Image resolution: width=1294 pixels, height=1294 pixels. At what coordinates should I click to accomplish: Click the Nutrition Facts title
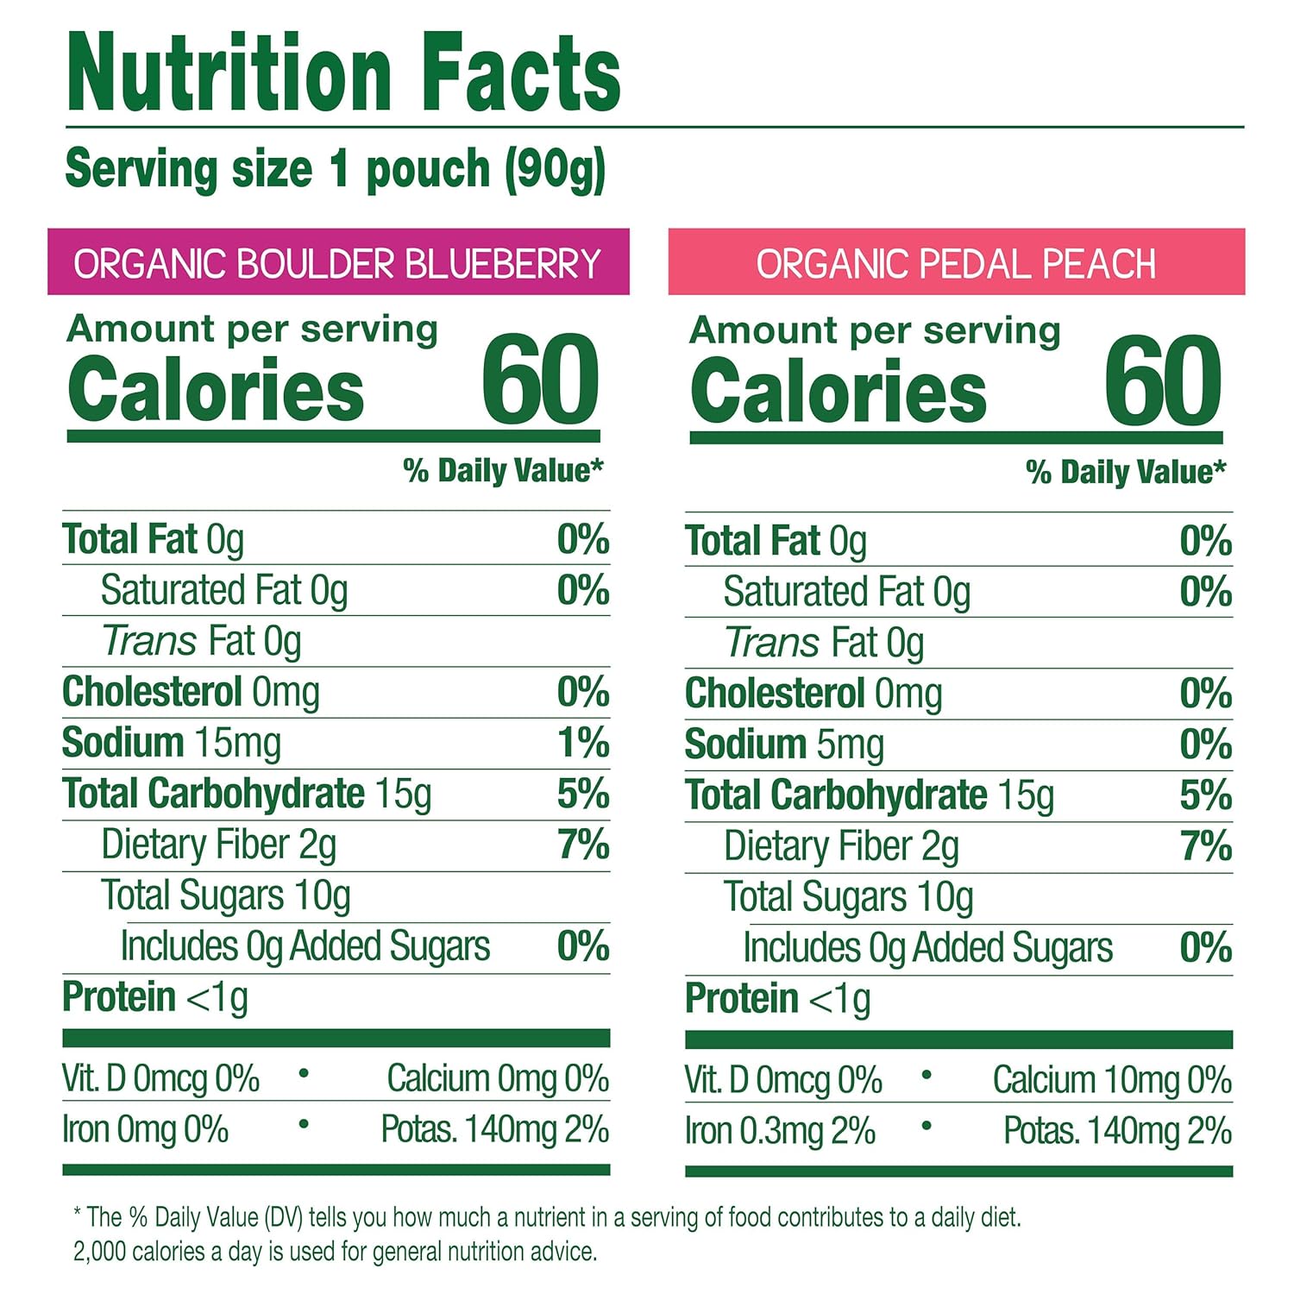pos(343,73)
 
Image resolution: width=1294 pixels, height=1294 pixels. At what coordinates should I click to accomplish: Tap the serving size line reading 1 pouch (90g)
pos(336,169)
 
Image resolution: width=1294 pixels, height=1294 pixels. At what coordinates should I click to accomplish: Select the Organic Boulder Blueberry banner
pos(337,263)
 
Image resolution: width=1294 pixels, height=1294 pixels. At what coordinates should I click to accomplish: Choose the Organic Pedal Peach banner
pos(956,263)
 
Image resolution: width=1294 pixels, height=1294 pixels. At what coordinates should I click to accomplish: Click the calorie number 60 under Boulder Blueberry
pos(540,380)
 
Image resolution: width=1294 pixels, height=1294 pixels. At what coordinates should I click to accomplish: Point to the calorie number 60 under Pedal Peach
pos(1163,382)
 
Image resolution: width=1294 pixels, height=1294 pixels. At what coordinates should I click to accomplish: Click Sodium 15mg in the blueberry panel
pos(171,744)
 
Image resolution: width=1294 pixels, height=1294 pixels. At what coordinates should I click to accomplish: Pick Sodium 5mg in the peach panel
pos(784,745)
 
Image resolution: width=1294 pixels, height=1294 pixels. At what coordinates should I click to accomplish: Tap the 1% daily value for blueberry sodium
pos(583,744)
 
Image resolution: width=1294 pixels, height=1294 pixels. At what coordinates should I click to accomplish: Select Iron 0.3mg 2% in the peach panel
pos(780,1132)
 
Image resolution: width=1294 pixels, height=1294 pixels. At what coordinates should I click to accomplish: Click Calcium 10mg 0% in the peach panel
pos(1111,1080)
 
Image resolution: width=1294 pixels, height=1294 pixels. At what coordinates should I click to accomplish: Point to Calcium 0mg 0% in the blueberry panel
pos(498,1078)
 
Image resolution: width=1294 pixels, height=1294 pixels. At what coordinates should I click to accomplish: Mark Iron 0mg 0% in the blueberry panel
pos(145,1130)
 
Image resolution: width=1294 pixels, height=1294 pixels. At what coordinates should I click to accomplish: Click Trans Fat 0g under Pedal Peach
pos(824,644)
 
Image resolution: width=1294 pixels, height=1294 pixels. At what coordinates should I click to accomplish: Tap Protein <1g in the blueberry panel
pos(155,998)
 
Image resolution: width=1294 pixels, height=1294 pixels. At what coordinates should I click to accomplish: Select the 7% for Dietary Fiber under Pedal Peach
pos(1205,846)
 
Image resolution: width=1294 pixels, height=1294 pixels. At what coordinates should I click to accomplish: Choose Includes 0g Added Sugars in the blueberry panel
pos(305,947)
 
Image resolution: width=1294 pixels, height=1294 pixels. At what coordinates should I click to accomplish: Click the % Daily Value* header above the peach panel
pos(1125,473)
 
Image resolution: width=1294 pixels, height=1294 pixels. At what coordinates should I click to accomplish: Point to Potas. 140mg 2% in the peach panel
pos(1117,1132)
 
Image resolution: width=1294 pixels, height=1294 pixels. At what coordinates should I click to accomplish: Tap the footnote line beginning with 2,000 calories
pos(335,1252)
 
